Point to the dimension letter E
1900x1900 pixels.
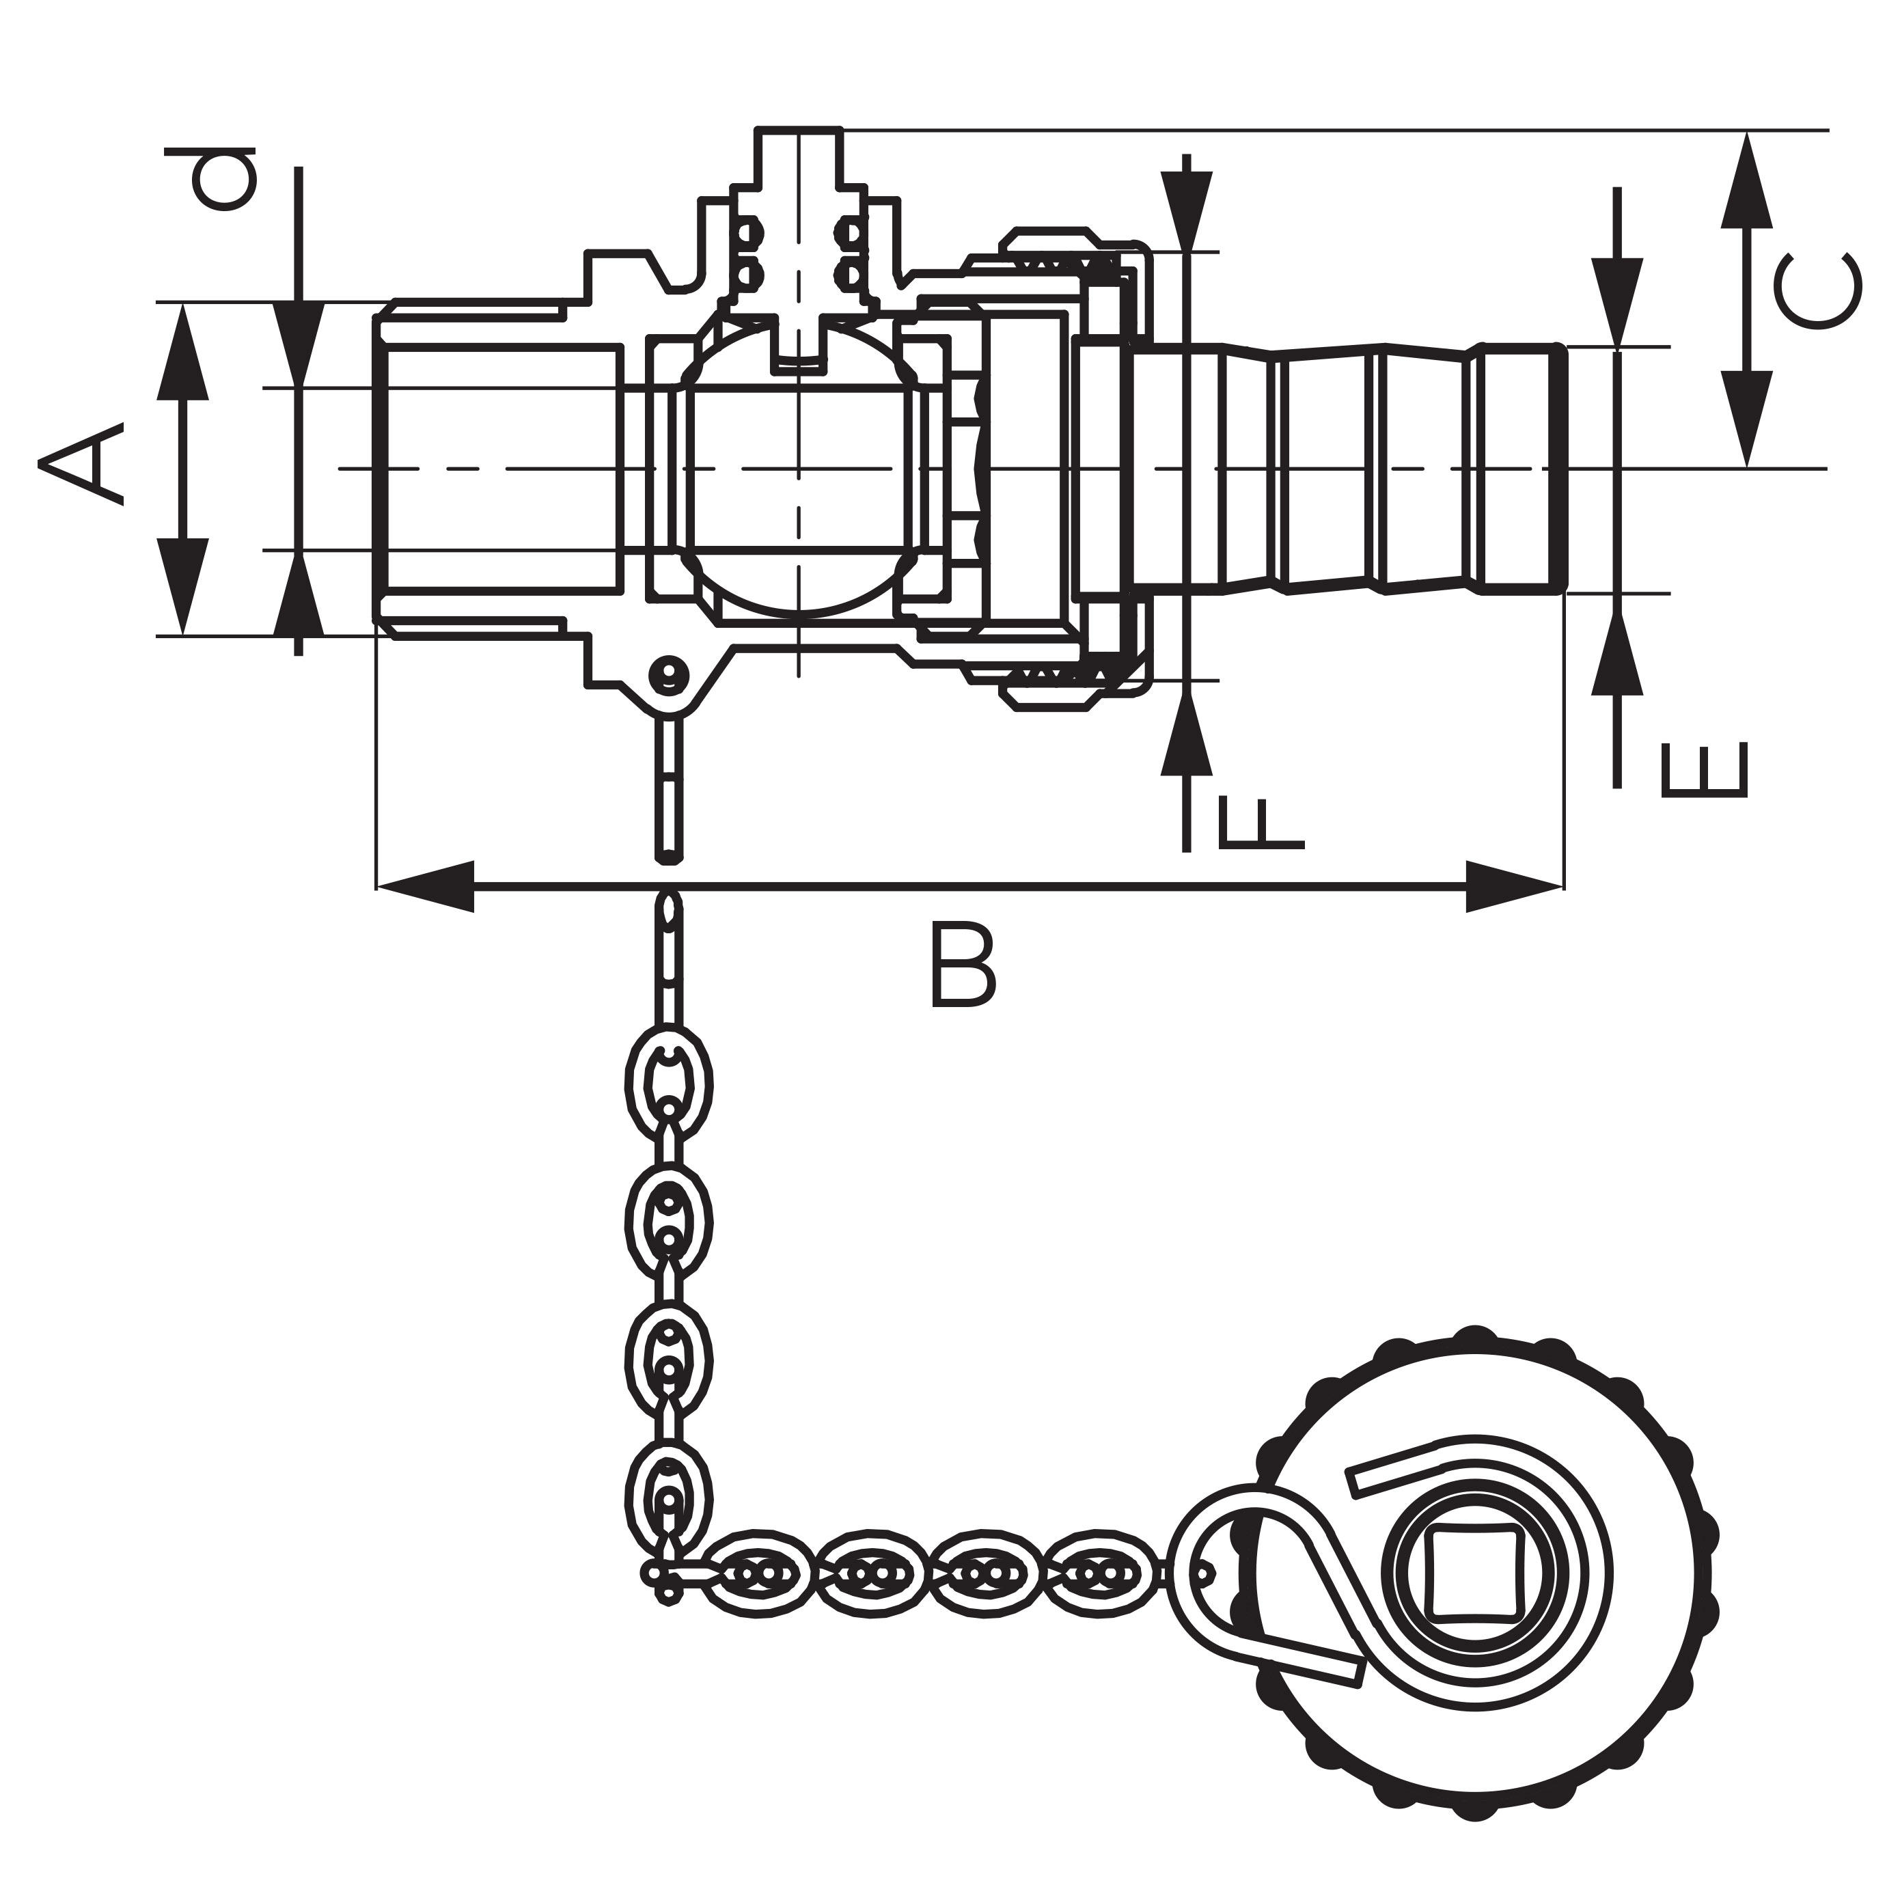pyautogui.click(x=1705, y=769)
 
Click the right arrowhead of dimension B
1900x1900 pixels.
pyautogui.click(x=1515, y=887)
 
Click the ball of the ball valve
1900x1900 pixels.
pyautogui.click(x=799, y=468)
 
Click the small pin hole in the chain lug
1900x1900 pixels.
pyautogui.click(x=670, y=674)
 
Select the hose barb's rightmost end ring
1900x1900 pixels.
pyautogui.click(x=1522, y=468)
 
